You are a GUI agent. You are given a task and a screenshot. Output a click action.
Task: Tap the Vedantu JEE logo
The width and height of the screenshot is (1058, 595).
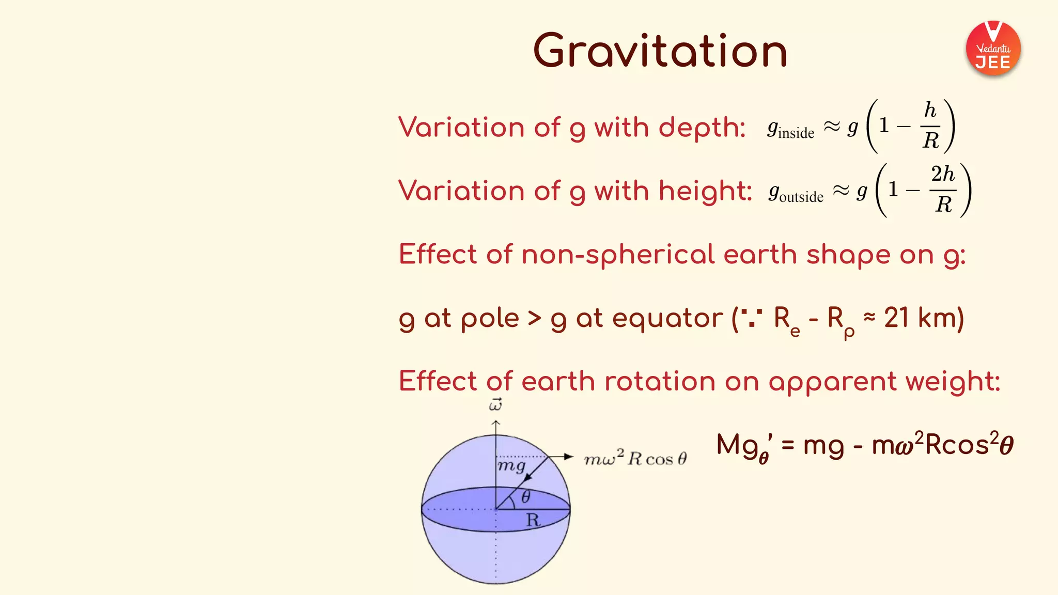click(x=993, y=49)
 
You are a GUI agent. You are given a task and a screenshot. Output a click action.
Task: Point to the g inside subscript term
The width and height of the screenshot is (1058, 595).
click(x=790, y=129)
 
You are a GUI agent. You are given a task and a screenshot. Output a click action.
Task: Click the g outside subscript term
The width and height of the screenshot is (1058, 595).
click(x=796, y=193)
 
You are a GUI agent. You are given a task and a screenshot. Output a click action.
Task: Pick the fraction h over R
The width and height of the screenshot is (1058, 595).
click(x=930, y=126)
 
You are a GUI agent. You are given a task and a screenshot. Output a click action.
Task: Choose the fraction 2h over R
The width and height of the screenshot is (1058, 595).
click(x=943, y=190)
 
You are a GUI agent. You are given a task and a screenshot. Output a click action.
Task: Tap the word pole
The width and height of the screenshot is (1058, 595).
click(x=490, y=319)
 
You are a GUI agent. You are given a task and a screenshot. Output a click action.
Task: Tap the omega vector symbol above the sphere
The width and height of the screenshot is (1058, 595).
click(x=495, y=404)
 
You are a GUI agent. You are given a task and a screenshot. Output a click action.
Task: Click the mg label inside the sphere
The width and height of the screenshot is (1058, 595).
click(x=511, y=466)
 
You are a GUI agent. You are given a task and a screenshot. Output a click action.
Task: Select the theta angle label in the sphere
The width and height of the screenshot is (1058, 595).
click(x=525, y=497)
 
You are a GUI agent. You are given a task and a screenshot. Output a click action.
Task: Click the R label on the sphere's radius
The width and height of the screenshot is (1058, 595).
click(x=533, y=520)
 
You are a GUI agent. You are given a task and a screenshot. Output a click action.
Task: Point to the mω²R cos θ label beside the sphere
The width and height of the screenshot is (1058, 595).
click(x=635, y=458)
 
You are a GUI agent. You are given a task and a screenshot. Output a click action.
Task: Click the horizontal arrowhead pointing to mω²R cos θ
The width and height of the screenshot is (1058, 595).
click(x=568, y=457)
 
